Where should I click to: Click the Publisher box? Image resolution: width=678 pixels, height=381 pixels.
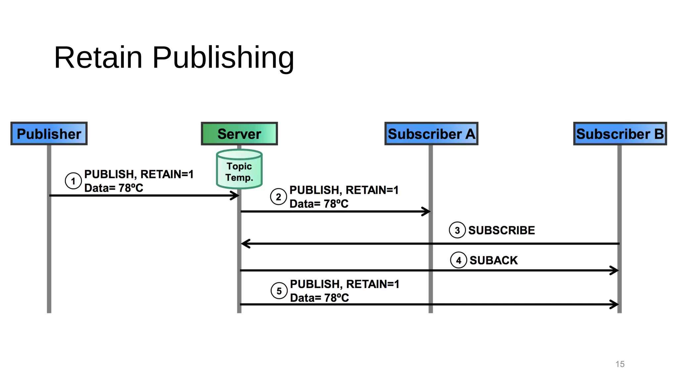click(49, 134)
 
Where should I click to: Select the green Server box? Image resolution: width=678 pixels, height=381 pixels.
click(239, 134)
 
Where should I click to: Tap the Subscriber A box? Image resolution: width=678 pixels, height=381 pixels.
click(431, 134)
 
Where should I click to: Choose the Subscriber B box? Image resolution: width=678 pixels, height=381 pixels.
click(620, 134)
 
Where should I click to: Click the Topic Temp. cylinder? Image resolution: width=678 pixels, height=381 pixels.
click(239, 169)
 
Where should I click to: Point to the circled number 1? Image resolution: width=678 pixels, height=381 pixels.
click(73, 181)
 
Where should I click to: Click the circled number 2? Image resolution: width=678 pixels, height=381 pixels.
click(278, 197)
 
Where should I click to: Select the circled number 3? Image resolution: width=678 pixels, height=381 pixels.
click(457, 230)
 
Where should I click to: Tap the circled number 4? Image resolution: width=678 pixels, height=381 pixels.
click(459, 260)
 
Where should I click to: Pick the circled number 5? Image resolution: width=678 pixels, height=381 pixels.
click(279, 291)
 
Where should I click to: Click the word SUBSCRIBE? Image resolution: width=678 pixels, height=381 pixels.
click(501, 230)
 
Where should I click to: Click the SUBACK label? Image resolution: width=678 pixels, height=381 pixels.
click(493, 260)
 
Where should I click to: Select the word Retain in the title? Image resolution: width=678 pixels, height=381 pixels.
click(98, 58)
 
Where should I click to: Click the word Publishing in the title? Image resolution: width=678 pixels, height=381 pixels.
click(223, 58)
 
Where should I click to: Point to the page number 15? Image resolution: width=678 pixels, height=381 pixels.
click(620, 364)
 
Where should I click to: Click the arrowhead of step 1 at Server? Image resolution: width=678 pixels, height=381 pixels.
click(236, 195)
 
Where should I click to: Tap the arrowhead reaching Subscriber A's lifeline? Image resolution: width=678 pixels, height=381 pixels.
click(427, 211)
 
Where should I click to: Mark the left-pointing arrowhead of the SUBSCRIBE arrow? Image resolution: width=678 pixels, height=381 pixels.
click(245, 244)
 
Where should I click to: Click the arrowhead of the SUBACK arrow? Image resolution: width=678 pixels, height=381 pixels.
click(615, 270)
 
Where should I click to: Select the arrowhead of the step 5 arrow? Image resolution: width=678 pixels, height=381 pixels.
click(615, 304)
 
